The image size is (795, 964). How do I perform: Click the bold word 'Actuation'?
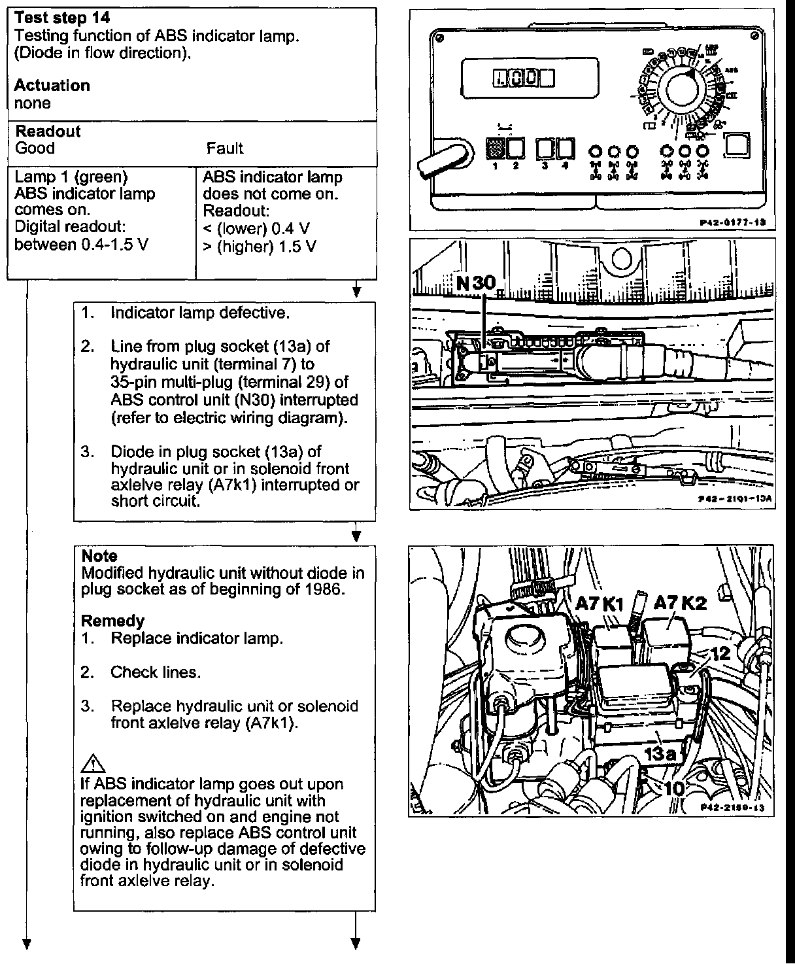[52, 86]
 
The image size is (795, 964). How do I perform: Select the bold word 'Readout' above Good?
[48, 131]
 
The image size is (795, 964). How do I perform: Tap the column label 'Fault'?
[224, 148]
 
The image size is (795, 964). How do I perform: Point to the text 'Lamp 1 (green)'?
[71, 177]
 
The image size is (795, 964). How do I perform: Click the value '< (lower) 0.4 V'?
[256, 229]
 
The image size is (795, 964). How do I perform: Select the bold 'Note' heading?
[99, 557]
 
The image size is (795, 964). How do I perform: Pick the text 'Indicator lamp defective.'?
[199, 313]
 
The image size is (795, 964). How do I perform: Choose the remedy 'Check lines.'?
[156, 672]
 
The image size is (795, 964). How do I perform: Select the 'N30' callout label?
[477, 283]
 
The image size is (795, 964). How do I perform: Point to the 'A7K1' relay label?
[601, 604]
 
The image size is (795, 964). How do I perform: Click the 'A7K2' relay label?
[681, 603]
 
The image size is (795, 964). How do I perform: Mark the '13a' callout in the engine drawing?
[660, 753]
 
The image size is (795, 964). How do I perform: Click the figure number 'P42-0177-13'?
[732, 222]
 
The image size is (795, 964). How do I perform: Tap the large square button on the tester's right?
[737, 146]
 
